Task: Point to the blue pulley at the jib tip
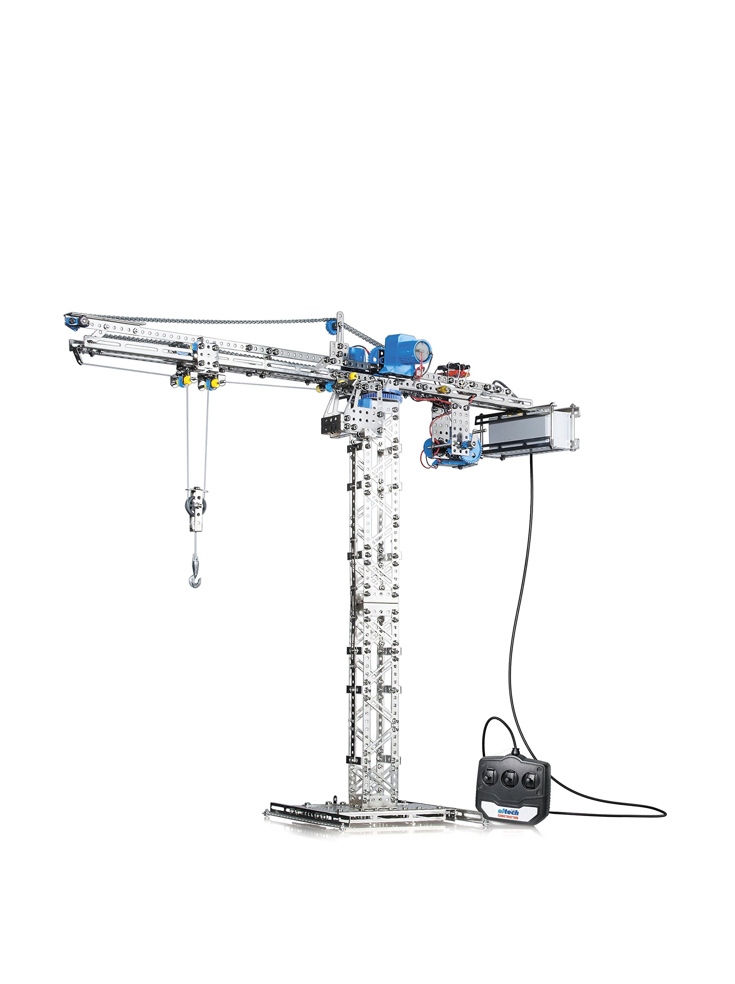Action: [71, 321]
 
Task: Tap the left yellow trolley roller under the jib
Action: [181, 381]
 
